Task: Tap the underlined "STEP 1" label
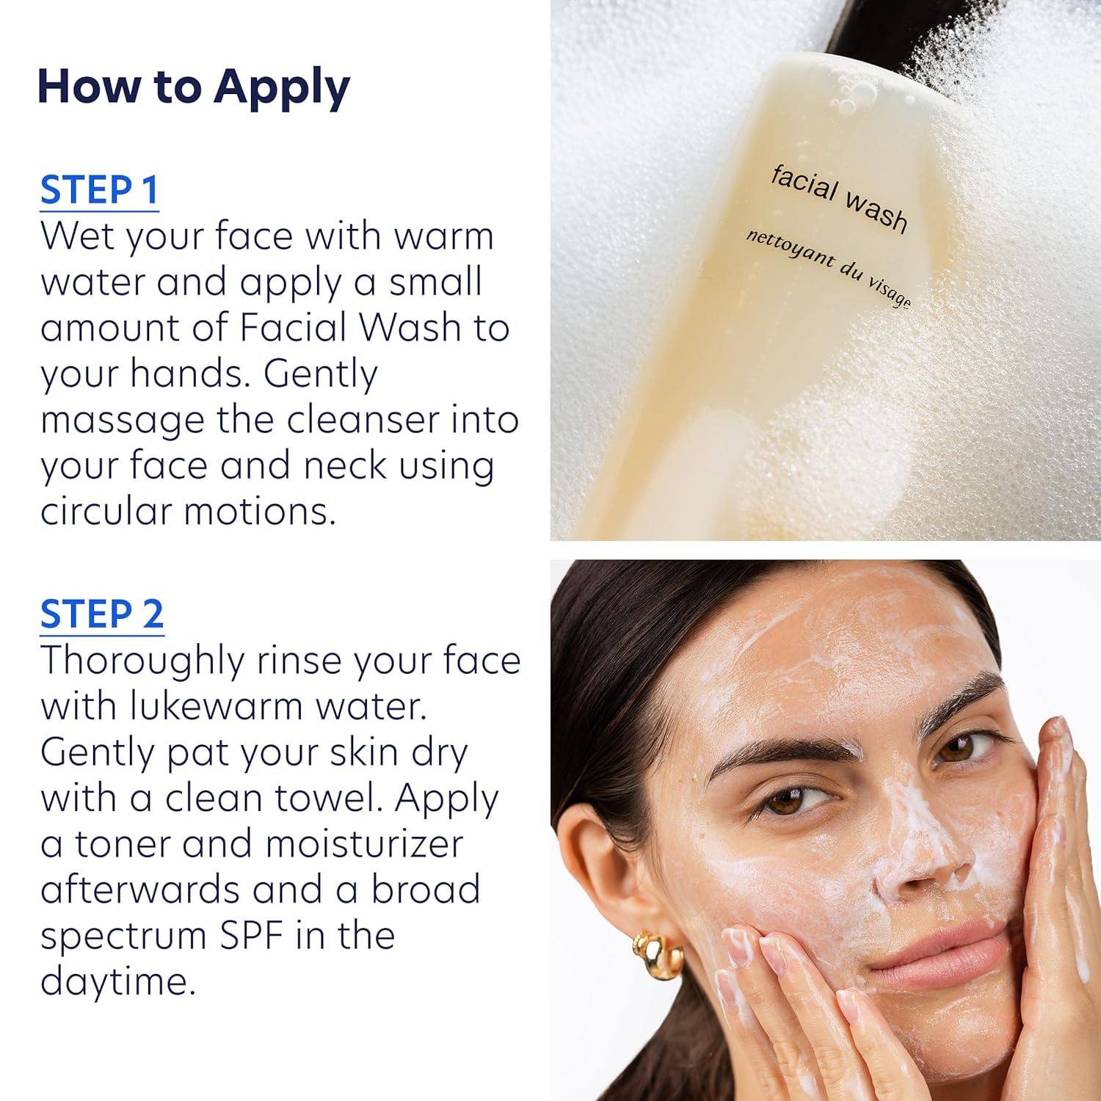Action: tap(99, 190)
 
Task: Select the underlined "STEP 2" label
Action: tap(101, 614)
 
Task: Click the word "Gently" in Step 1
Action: tap(321, 374)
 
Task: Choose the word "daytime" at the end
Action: tap(117, 981)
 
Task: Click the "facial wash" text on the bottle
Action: tap(839, 197)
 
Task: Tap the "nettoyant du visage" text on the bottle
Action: tap(829, 267)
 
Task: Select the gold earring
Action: tap(658, 953)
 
